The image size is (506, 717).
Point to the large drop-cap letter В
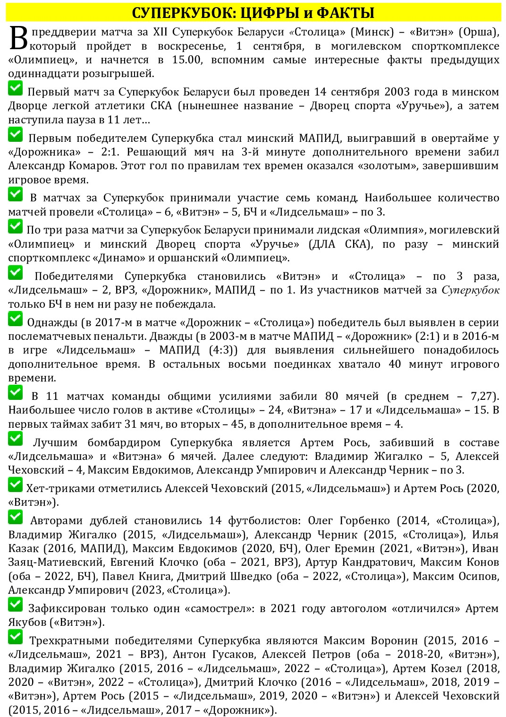[x=18, y=39]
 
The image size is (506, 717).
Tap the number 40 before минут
[x=395, y=364]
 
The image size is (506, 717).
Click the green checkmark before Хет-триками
[x=16, y=484]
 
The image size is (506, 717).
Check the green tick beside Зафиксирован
[x=16, y=605]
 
